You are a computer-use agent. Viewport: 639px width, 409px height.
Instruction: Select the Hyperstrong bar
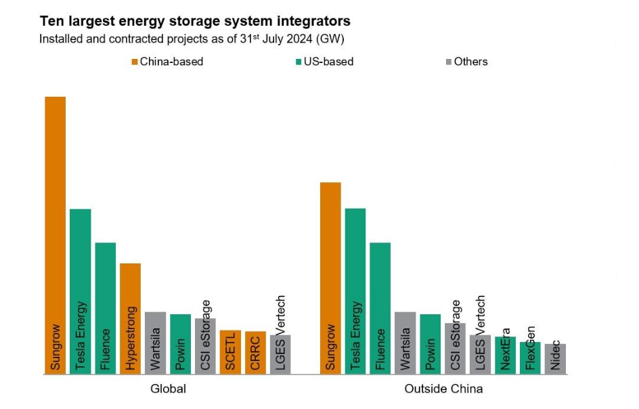click(131, 318)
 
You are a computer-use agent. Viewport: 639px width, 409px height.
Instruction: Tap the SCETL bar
click(230, 352)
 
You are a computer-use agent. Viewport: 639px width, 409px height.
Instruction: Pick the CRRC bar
click(255, 353)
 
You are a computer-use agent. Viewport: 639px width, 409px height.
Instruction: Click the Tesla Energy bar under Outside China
click(355, 291)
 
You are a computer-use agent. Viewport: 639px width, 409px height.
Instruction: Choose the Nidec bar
click(555, 359)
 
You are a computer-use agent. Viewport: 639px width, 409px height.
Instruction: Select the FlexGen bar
click(530, 358)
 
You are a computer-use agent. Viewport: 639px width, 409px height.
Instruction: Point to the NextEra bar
click(505, 355)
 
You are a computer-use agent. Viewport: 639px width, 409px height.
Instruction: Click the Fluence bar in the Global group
click(106, 308)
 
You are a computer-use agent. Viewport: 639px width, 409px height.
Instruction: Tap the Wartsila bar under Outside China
click(405, 343)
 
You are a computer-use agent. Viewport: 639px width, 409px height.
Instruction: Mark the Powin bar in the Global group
click(180, 344)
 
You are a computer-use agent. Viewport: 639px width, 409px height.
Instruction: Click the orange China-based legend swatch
click(135, 62)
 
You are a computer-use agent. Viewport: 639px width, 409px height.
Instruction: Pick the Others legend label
click(470, 62)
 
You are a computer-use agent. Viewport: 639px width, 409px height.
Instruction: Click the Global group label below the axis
click(168, 389)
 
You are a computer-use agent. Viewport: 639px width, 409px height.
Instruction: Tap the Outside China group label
click(443, 389)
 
